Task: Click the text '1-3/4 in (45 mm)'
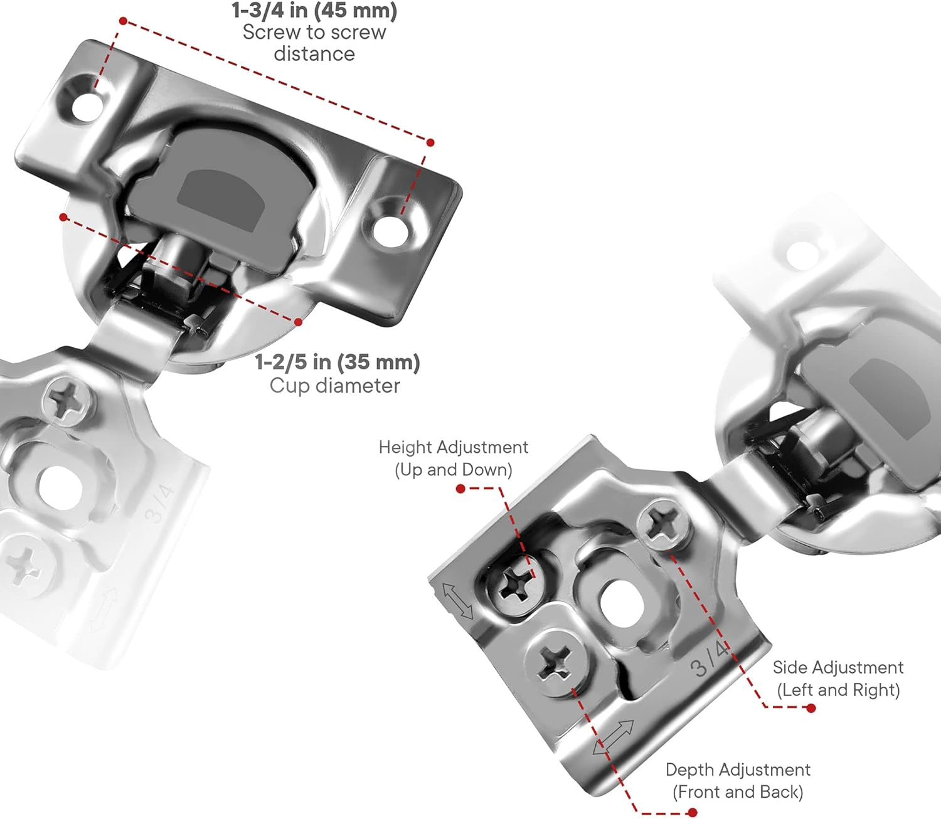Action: point(314,10)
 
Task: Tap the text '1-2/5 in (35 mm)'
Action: point(337,362)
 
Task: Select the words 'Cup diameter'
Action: point(334,385)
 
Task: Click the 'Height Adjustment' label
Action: point(453,447)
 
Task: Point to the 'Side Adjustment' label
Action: point(837,667)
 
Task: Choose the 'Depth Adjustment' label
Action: point(738,769)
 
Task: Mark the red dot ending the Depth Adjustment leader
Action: point(692,812)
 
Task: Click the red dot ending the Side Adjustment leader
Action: point(811,708)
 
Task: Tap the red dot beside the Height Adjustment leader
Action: point(460,489)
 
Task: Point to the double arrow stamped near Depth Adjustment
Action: point(614,737)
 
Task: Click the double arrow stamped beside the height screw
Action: point(458,600)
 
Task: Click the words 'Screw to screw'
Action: point(314,32)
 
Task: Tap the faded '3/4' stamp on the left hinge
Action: point(158,504)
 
